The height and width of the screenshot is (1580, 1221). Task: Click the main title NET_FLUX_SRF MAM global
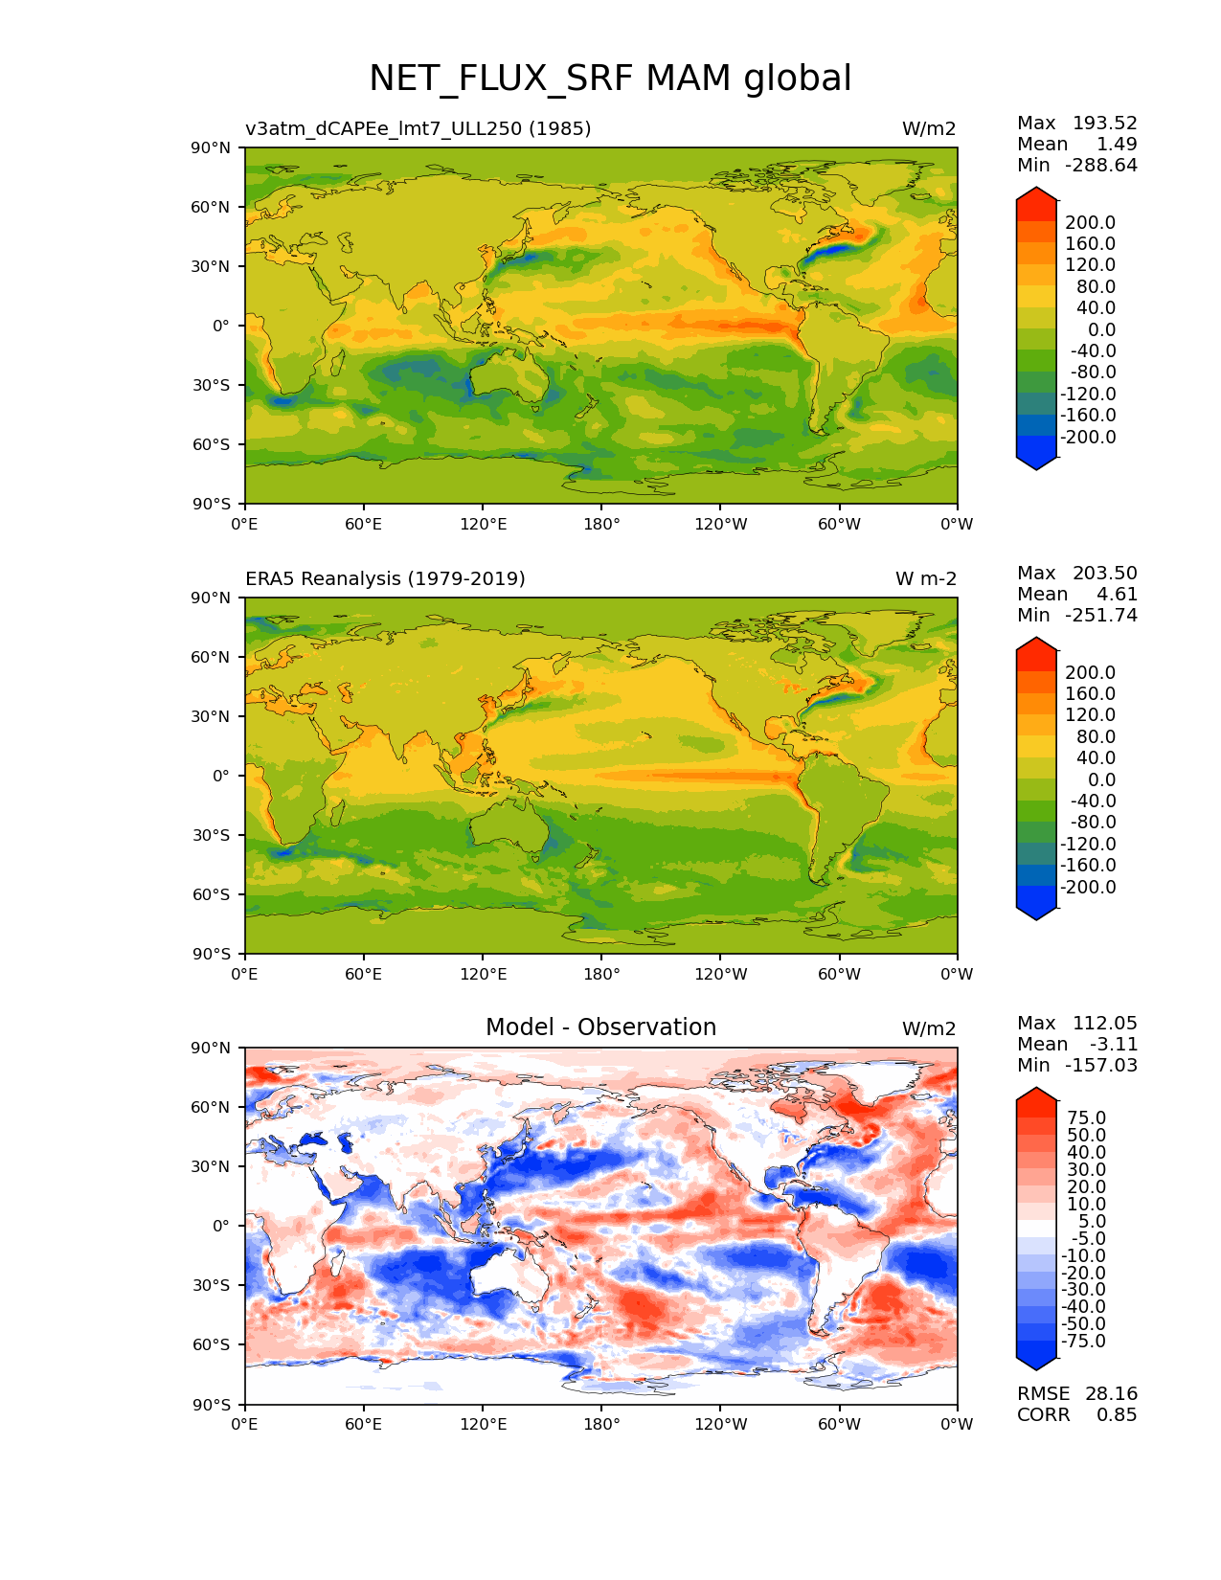610,79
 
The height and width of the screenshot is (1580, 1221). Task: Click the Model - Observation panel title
600,1027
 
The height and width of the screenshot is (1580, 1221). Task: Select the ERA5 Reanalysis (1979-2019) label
385,579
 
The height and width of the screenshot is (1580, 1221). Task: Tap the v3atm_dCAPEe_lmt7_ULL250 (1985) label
418,129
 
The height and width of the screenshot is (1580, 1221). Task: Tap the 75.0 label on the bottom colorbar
1087,1118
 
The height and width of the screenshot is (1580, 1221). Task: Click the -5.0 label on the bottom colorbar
1084,1239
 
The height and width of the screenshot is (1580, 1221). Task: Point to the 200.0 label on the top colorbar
1091,223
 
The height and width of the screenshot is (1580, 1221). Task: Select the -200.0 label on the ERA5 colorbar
1088,888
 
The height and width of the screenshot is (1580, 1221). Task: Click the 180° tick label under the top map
601,525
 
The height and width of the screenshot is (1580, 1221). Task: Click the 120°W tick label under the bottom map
720,1425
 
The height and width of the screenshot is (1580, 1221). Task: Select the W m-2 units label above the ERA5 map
925,579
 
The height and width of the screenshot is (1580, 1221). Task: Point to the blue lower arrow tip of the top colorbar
1036,463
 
